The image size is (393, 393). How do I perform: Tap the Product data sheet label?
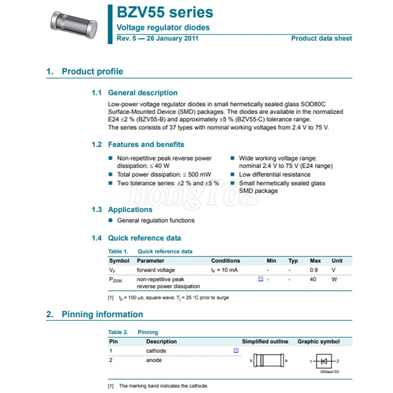click(321, 38)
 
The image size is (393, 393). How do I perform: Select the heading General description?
click(142, 93)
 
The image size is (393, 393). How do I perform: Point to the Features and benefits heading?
click(146, 144)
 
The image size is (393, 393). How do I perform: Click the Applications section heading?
click(130, 210)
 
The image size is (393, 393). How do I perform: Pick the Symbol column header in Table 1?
click(119, 261)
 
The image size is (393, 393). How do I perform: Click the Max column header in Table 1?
click(315, 261)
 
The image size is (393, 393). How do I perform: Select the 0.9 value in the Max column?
click(313, 270)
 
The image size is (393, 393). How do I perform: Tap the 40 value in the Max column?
click(313, 279)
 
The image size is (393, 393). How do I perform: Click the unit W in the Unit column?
click(334, 279)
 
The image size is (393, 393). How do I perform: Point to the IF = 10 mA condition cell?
click(225, 270)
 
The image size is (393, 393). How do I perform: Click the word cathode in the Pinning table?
click(156, 351)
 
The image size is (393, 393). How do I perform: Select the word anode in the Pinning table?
click(154, 360)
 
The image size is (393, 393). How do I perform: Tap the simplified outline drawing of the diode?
click(269, 362)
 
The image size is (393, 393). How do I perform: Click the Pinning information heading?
click(102, 314)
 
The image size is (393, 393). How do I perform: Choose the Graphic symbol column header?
click(318, 341)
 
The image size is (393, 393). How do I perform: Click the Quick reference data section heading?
click(144, 238)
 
